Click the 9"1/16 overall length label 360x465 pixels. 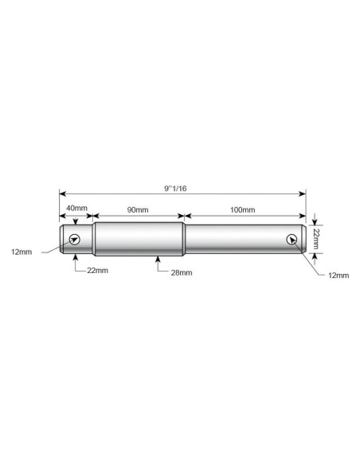point(175,189)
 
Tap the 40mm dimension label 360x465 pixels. point(76,208)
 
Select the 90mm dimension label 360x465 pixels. point(138,210)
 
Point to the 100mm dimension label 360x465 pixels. point(243,210)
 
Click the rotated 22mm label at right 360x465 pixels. point(316,238)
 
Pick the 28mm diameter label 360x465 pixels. point(182,272)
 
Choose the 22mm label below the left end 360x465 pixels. point(97,271)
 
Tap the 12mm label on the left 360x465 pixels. point(22,252)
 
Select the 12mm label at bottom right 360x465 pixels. point(338,275)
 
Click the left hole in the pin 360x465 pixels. point(74,239)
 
